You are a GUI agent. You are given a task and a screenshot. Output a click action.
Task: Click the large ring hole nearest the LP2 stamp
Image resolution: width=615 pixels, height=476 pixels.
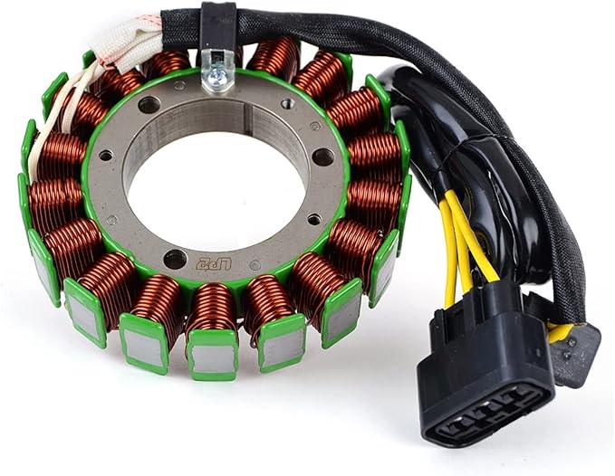point(175,259)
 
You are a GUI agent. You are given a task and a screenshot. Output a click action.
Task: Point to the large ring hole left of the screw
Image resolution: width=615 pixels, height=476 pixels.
point(149,105)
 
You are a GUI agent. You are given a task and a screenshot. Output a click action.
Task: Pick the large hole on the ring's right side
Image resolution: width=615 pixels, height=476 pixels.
point(323,157)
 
